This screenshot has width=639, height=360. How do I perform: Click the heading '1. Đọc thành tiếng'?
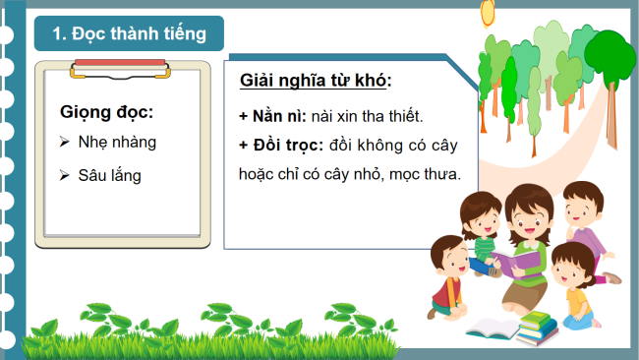tap(129, 34)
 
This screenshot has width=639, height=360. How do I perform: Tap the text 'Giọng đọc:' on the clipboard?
tap(106, 111)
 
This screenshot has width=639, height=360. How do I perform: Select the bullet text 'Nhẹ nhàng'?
tap(117, 143)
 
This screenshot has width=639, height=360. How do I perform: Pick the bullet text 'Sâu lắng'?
tap(110, 175)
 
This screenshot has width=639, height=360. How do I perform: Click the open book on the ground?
tap(492, 328)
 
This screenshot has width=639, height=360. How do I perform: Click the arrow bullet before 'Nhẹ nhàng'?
tap(64, 143)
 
